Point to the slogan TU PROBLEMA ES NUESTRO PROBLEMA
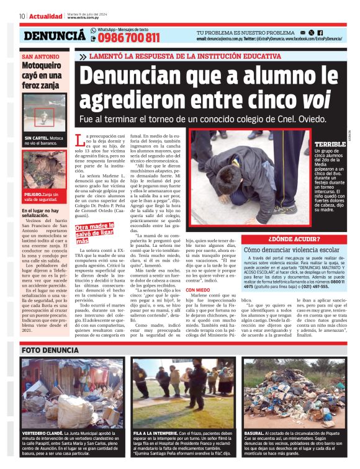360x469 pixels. (x=245, y=32)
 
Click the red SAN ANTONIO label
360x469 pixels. (x=41, y=57)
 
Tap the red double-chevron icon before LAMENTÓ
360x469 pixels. (x=83, y=56)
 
